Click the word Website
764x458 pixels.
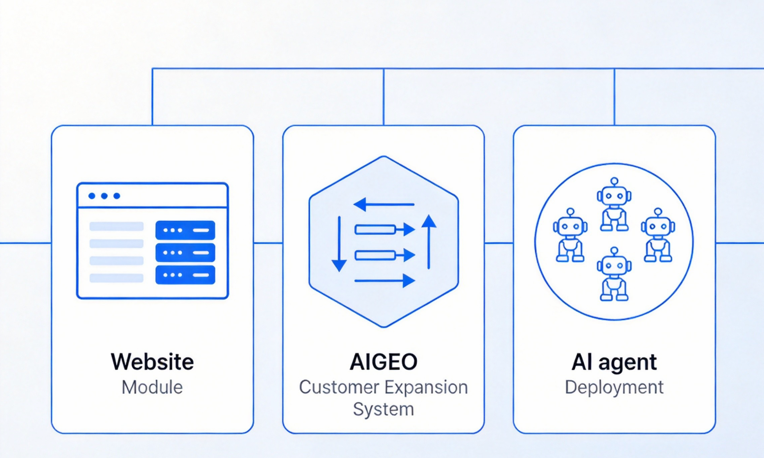click(x=152, y=361)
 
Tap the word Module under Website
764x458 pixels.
click(x=152, y=387)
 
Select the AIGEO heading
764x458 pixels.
click(x=384, y=361)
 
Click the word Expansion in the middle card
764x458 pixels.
click(x=426, y=387)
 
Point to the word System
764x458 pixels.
click(x=384, y=409)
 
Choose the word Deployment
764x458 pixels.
click(x=614, y=387)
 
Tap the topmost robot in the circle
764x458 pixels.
click(x=614, y=204)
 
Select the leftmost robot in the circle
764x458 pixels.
click(x=570, y=235)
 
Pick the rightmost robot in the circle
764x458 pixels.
click(x=658, y=235)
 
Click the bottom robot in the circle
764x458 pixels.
click(x=614, y=274)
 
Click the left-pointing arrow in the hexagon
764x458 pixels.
click(x=384, y=204)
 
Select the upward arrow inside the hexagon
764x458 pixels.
click(x=429, y=242)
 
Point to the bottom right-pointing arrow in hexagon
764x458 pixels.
click(x=384, y=281)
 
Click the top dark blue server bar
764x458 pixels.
click(x=185, y=230)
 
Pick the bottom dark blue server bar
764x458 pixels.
click(x=185, y=275)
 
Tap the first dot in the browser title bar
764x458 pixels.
click(x=92, y=196)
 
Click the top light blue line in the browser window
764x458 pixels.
click(x=117, y=226)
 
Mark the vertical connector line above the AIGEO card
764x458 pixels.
click(x=384, y=97)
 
